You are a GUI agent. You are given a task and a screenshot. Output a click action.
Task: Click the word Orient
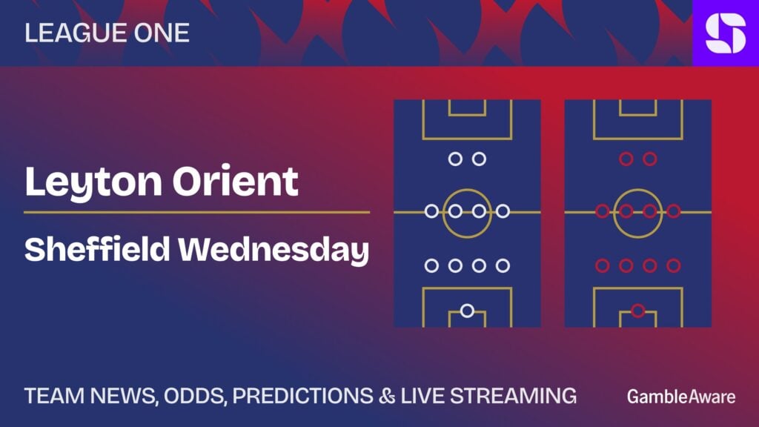[235, 181]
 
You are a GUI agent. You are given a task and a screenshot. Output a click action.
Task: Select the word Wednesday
[274, 251]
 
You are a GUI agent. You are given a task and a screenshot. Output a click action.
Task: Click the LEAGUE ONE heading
[107, 33]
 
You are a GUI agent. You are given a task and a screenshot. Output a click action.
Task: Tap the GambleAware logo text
[681, 397]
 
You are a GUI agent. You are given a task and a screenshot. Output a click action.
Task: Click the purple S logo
[726, 33]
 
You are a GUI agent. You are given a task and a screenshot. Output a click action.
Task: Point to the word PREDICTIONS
[302, 396]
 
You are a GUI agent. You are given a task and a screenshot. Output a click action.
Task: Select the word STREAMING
[513, 396]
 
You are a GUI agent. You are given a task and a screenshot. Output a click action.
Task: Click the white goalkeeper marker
[467, 311]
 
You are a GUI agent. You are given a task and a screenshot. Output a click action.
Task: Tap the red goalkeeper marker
[638, 311]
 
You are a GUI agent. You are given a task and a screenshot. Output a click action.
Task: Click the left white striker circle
[455, 159]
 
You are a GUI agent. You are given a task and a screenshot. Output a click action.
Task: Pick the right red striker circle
[650, 159]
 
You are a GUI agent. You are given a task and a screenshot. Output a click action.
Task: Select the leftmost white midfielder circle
[431, 211]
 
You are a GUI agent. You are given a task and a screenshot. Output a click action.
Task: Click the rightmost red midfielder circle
[674, 211]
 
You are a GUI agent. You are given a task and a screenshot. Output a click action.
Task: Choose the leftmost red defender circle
[602, 265]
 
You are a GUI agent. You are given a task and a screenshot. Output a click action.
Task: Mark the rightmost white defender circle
[503, 265]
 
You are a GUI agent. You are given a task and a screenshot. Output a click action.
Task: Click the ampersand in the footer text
[387, 396]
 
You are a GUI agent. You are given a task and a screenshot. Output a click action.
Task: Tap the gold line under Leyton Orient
[197, 212]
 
